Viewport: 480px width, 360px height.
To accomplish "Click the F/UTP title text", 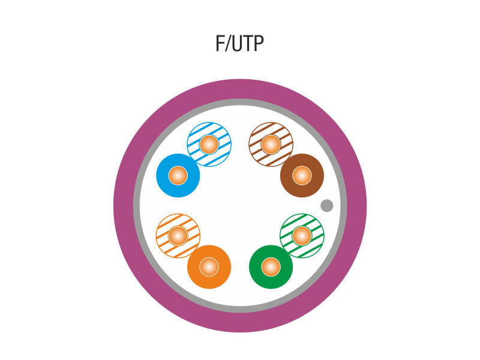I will click(x=239, y=44).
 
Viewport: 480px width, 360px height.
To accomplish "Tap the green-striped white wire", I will click(x=312, y=226).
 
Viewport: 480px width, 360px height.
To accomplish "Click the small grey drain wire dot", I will click(x=326, y=206).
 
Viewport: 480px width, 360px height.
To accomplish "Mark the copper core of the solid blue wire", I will click(x=178, y=175).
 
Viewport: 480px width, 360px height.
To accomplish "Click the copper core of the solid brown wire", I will click(x=302, y=175).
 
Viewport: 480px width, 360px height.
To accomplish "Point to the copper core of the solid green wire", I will click(x=271, y=267).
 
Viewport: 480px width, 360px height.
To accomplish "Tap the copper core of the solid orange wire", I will click(x=209, y=267).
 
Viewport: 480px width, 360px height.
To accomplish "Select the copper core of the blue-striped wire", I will click(x=209, y=144).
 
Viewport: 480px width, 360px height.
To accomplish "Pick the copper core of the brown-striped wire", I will click(x=271, y=144).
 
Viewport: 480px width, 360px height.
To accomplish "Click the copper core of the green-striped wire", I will click(x=302, y=236).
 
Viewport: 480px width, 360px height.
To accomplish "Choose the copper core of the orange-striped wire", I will click(x=178, y=236).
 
